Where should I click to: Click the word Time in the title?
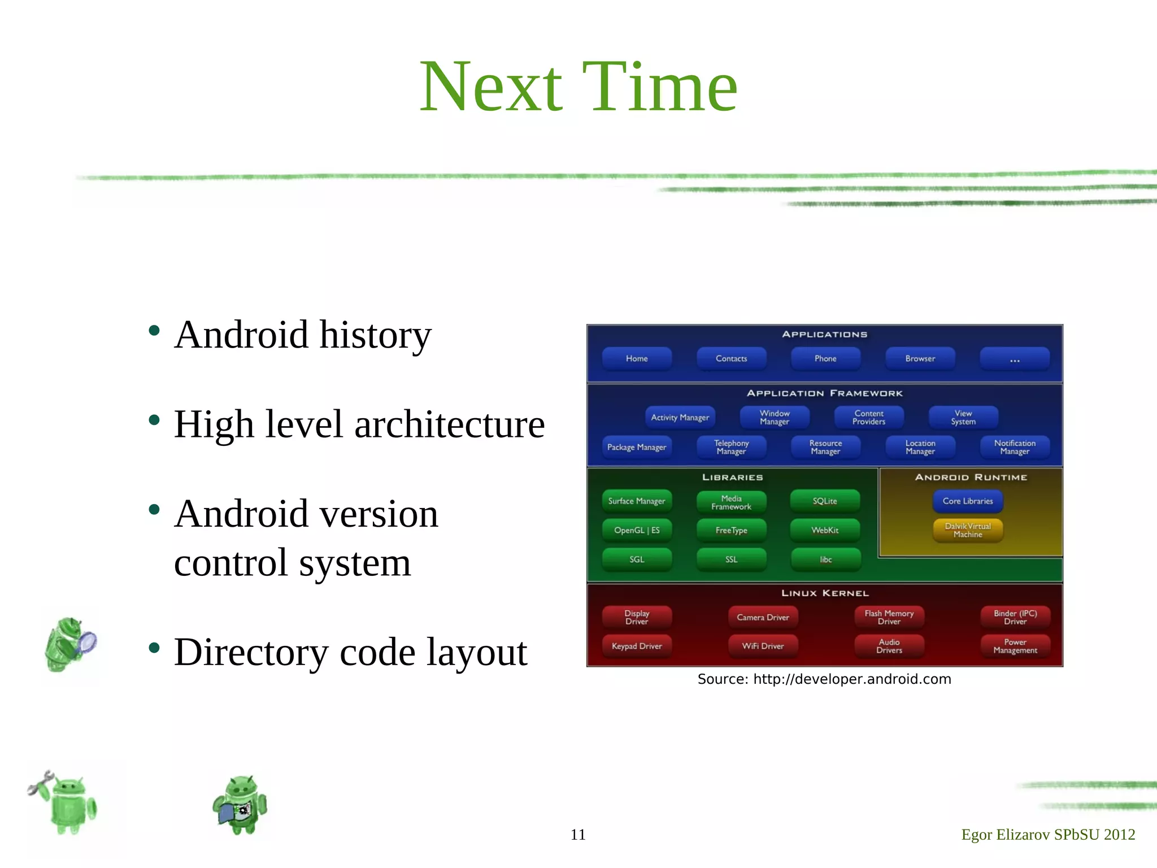659,88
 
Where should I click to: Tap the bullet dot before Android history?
154,331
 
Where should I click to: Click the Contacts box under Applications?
731,359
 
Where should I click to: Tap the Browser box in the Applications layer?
920,359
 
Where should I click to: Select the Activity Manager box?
680,418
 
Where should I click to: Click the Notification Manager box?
1015,447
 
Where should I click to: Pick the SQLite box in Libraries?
825,501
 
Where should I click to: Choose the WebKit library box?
825,530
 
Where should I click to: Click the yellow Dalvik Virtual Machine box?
968,530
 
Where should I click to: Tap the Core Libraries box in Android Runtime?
968,501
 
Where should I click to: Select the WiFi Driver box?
763,646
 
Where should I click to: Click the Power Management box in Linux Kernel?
1015,646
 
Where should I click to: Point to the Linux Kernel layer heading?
825,593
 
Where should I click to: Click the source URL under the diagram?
852,679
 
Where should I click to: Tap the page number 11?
578,835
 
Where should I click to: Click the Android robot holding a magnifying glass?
70,644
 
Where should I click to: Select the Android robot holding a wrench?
64,802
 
